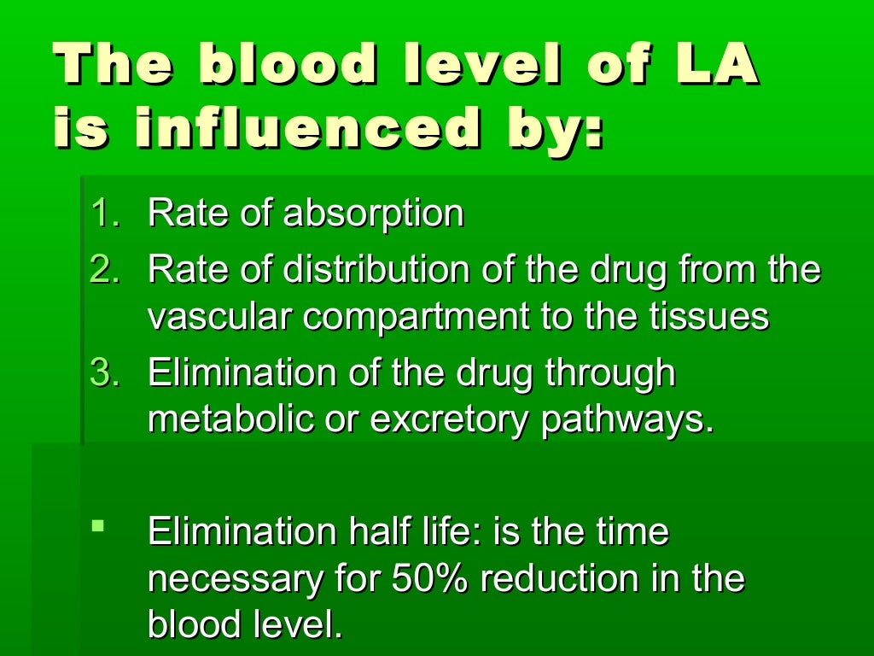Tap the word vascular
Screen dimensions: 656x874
pyautogui.click(x=220, y=318)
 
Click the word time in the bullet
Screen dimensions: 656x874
pyautogui.click(x=632, y=532)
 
